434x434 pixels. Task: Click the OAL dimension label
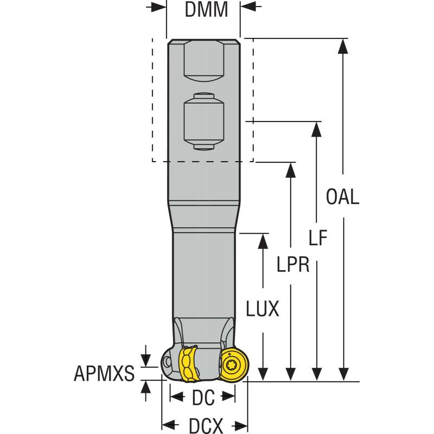(x=342, y=196)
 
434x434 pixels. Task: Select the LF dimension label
(x=318, y=238)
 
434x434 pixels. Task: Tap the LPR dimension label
(x=293, y=264)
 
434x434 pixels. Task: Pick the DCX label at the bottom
(x=205, y=425)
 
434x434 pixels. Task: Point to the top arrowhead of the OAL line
(x=342, y=47)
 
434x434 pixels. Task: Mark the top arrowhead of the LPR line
(x=291, y=170)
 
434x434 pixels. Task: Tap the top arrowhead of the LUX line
(x=263, y=242)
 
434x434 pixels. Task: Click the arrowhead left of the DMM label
(x=158, y=7)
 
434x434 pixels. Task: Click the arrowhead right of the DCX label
(x=241, y=425)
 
